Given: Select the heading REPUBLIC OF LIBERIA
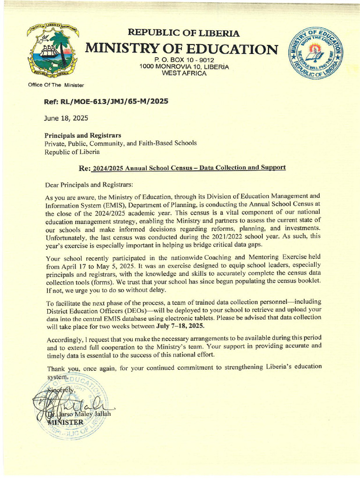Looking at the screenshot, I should coord(184,33).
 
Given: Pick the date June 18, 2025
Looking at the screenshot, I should coord(66,118).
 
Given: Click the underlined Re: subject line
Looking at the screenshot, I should coord(182,168).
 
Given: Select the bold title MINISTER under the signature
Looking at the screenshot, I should coord(66,422).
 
